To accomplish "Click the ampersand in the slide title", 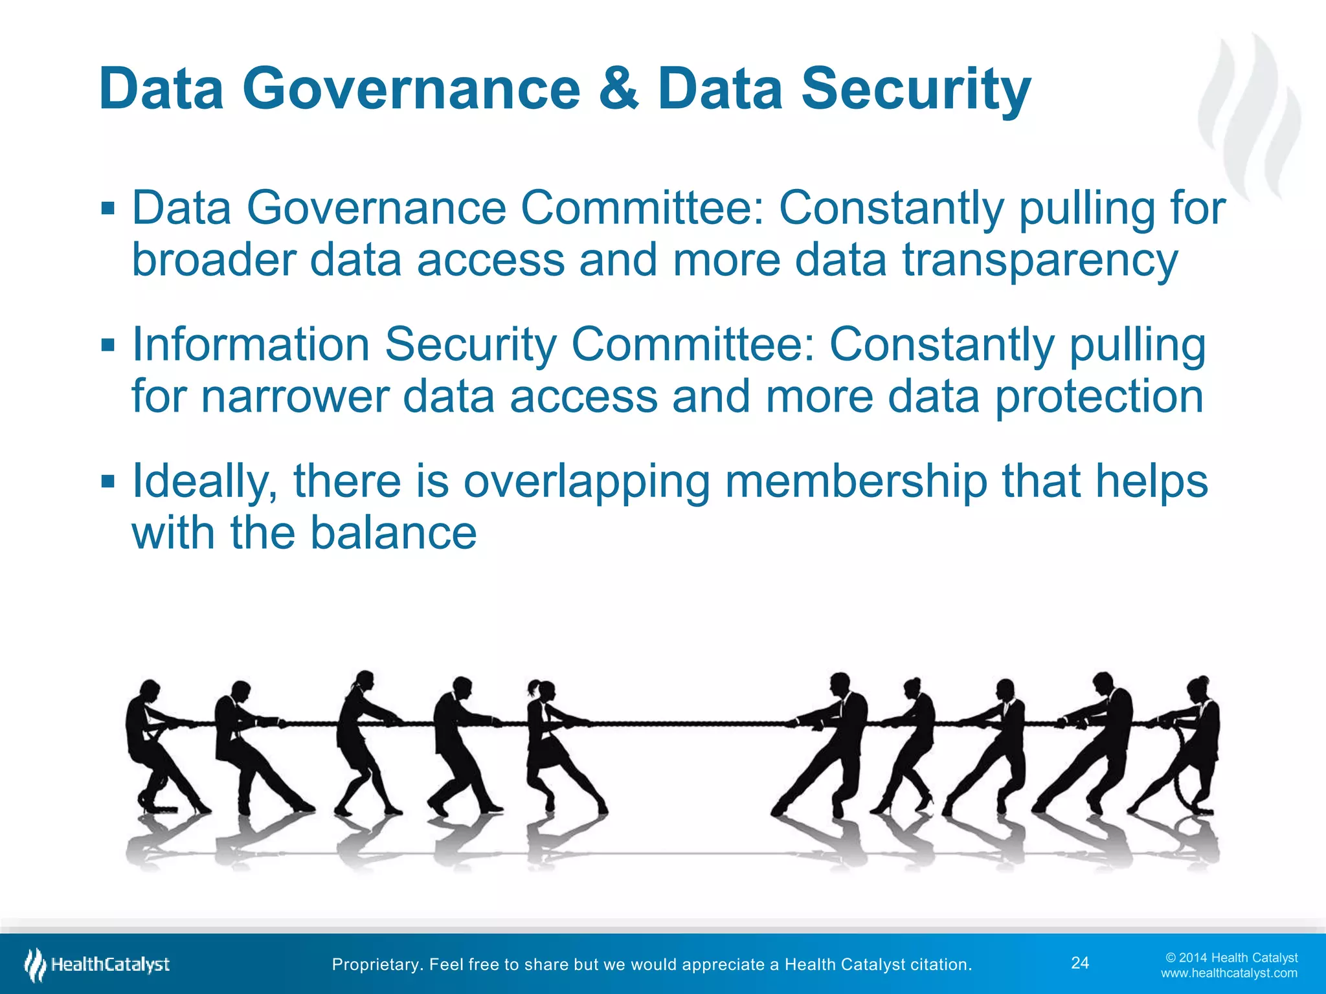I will pyautogui.click(x=619, y=89).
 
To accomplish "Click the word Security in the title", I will pyautogui.click(x=916, y=91).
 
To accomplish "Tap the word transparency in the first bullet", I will pyautogui.click(x=1040, y=260).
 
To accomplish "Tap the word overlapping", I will pyautogui.click(x=587, y=481).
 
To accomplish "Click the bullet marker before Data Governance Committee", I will pyautogui.click(x=108, y=209).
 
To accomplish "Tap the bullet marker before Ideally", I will pyautogui.click(x=108, y=481).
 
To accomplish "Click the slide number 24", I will pyautogui.click(x=1080, y=963).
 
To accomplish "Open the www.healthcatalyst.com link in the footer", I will pyautogui.click(x=1229, y=973).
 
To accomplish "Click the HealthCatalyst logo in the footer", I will pyautogui.click(x=97, y=964).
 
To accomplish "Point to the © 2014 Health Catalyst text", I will pyautogui.click(x=1231, y=957).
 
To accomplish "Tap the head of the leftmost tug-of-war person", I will pyautogui.click(x=150, y=689).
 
